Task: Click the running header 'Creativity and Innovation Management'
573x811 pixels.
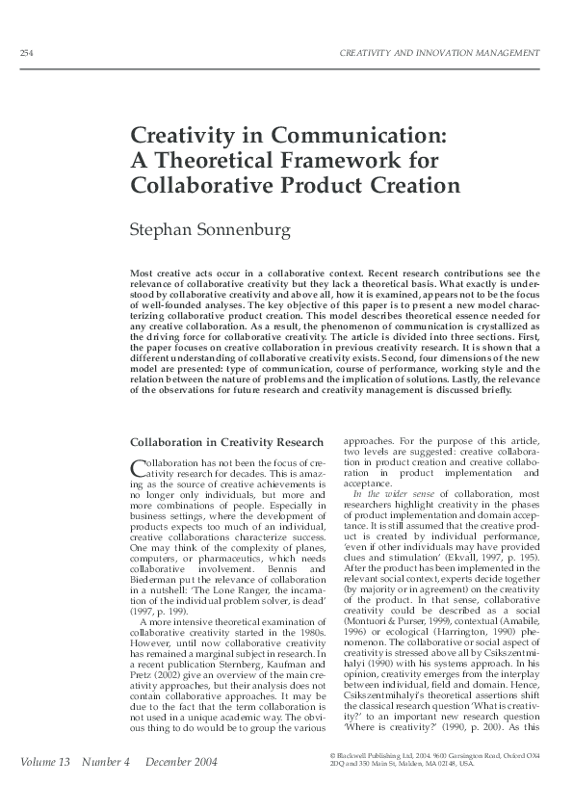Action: coord(440,51)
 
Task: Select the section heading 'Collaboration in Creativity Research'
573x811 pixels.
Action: coord(225,442)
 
